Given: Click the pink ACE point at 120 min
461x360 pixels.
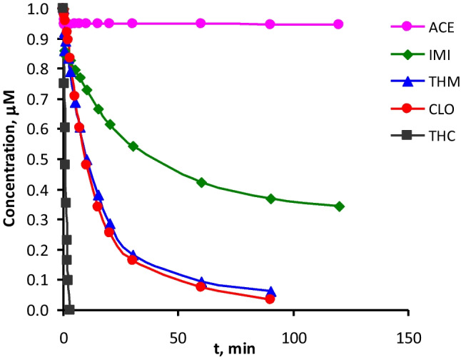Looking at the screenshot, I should pyautogui.click(x=338, y=24).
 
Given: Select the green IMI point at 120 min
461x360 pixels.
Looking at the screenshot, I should pyautogui.click(x=339, y=206).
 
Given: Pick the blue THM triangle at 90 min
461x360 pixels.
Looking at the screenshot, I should pyautogui.click(x=270, y=291).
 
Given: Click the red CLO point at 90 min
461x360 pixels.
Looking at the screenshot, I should pyautogui.click(x=270, y=299).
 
